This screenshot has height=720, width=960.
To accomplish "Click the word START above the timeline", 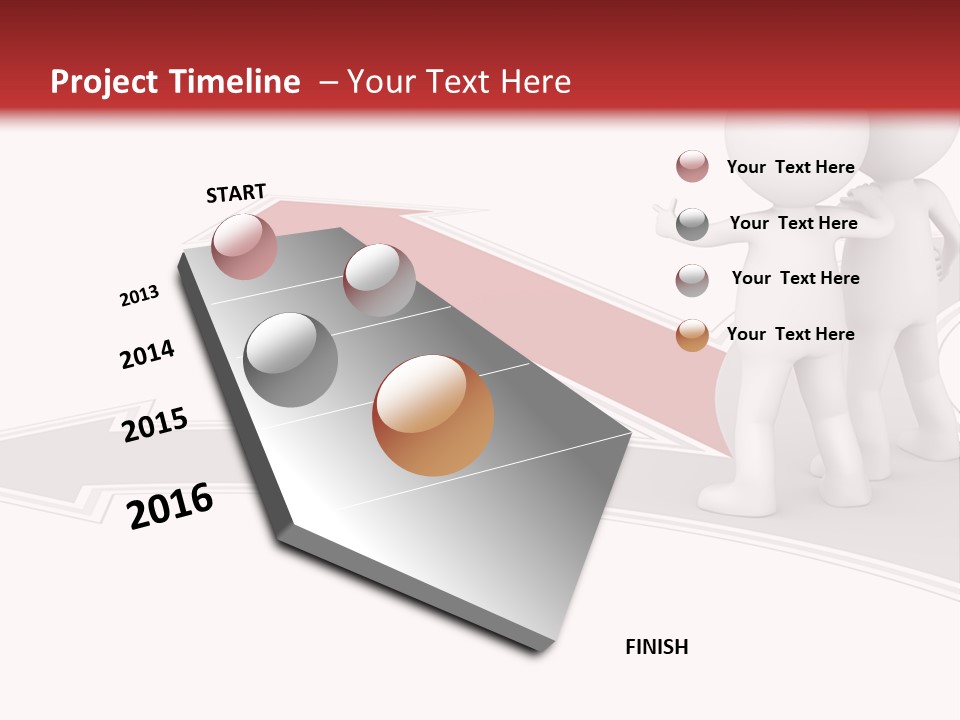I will tap(236, 193).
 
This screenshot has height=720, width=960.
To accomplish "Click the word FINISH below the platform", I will tap(656, 647).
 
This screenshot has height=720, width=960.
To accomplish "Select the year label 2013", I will tap(139, 296).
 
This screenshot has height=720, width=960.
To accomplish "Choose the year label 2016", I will tap(170, 506).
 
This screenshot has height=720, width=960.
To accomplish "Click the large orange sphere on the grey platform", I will tap(433, 414).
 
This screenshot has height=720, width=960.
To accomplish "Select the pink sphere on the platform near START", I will tap(244, 246).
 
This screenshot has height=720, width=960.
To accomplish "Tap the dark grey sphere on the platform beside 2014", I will tap(290, 359).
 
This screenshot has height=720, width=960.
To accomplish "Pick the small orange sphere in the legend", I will tap(692, 335).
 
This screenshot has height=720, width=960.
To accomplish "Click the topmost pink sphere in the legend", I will tap(692, 166).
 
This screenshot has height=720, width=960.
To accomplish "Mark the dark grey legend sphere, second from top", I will tap(692, 224).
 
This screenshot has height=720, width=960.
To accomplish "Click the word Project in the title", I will tap(105, 82).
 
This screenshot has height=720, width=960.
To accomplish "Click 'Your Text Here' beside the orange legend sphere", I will tap(790, 334).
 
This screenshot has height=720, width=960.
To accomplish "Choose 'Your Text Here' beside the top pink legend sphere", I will tap(790, 167).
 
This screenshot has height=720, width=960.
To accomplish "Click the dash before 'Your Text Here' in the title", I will tap(328, 82).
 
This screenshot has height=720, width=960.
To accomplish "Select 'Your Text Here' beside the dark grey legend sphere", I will tap(793, 223).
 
